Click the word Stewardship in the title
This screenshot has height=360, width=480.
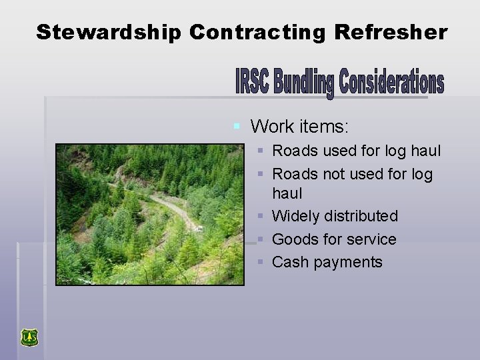[109, 32]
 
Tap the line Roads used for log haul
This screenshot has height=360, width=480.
[356, 151]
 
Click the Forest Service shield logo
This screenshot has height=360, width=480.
[29, 338]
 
